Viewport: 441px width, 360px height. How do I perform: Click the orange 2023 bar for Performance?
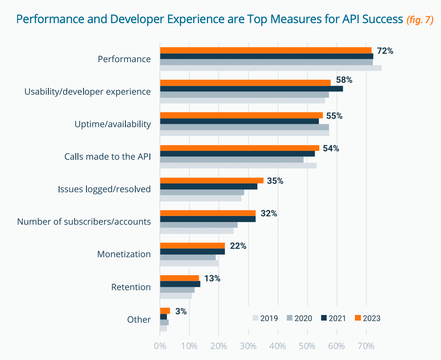pyautogui.click(x=265, y=50)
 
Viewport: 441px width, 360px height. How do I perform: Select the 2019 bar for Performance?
pyautogui.click(x=271, y=68)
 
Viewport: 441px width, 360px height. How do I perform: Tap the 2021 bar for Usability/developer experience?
pyautogui.click(x=251, y=89)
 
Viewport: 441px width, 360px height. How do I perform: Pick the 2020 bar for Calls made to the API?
pyautogui.click(x=232, y=159)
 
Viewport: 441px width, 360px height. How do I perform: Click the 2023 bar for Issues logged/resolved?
pyautogui.click(x=212, y=180)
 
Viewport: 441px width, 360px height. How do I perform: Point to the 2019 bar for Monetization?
pyautogui.click(x=189, y=263)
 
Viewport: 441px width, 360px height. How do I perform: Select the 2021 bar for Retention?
pyautogui.click(x=180, y=284)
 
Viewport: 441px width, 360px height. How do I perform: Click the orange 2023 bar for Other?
pyautogui.click(x=165, y=311)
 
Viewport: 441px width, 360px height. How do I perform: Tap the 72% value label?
pyautogui.click(x=384, y=51)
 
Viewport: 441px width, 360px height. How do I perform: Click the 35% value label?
pyautogui.click(x=275, y=181)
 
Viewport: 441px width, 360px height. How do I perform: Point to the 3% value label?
pyautogui.click(x=181, y=312)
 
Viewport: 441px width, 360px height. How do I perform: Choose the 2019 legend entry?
pyautogui.click(x=265, y=318)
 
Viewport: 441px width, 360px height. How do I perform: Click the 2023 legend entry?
pyautogui.click(x=367, y=318)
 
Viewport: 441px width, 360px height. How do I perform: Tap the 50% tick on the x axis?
pyautogui.click(x=307, y=345)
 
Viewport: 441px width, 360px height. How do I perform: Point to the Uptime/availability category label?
pyautogui.click(x=112, y=124)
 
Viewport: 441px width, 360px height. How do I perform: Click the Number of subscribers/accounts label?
pyautogui.click(x=84, y=222)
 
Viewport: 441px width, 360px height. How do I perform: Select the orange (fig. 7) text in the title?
pyautogui.click(x=420, y=19)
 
